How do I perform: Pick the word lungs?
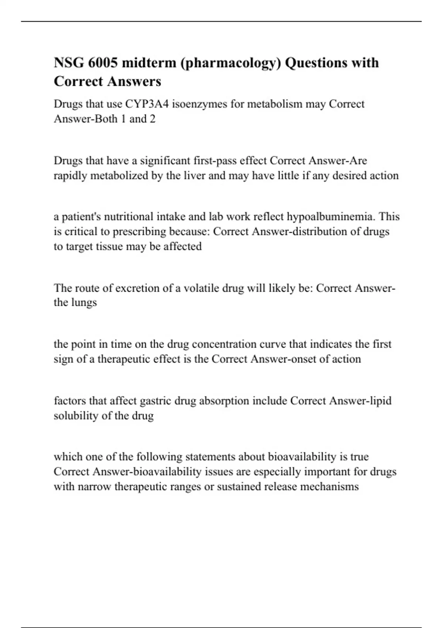pyautogui.click(x=85, y=303)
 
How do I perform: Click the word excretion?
pyautogui.click(x=137, y=288)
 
